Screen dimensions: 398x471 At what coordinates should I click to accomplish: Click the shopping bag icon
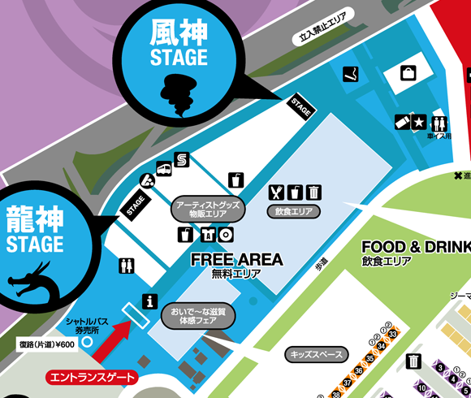click(407, 73)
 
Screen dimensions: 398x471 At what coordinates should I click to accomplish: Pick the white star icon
click(418, 123)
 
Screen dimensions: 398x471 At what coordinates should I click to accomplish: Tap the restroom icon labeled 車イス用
click(440, 123)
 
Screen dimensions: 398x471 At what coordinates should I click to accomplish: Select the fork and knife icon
click(277, 192)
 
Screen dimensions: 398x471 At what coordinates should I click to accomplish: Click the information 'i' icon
click(149, 301)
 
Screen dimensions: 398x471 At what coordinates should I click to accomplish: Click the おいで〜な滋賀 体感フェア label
click(198, 316)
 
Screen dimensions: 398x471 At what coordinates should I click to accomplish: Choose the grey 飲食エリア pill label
click(293, 211)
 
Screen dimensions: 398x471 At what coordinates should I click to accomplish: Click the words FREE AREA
click(236, 259)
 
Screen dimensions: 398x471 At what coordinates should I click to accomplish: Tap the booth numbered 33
click(391, 332)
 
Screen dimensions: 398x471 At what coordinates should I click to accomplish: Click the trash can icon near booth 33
click(415, 361)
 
